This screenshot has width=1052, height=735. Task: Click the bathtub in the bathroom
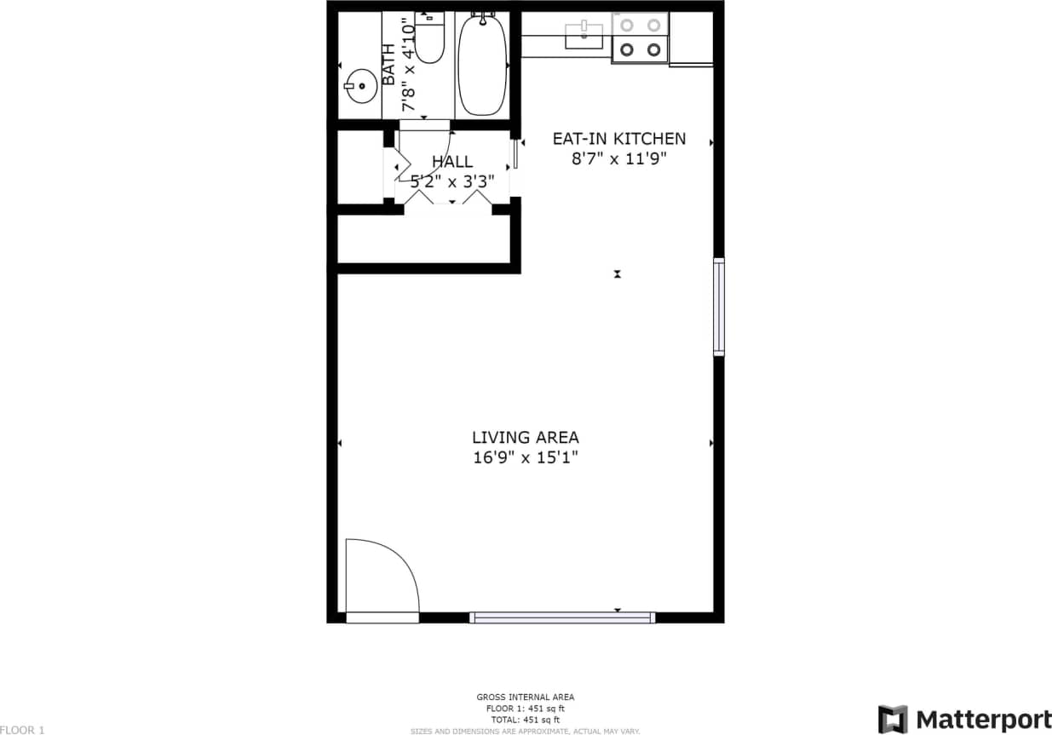click(482, 66)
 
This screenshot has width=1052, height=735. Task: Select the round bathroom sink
click(361, 85)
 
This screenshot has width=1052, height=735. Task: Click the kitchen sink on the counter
click(584, 36)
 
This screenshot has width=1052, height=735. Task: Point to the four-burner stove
click(640, 37)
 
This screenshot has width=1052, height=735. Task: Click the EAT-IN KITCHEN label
click(618, 139)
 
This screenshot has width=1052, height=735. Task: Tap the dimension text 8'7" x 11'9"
click(618, 158)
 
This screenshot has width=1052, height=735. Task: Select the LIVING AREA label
click(526, 438)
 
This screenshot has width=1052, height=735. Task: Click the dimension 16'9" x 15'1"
click(526, 457)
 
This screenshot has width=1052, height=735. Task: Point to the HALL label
click(452, 162)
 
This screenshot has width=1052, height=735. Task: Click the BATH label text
click(388, 65)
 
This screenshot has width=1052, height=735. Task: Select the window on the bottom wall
click(562, 617)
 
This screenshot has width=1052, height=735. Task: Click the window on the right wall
click(719, 307)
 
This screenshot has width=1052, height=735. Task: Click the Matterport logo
click(964, 719)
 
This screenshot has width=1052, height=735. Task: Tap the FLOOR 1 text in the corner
click(22, 729)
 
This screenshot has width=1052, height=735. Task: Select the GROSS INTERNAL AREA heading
click(526, 698)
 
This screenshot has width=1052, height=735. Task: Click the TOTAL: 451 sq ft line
click(526, 720)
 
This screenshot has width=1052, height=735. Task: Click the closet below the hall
click(423, 239)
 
